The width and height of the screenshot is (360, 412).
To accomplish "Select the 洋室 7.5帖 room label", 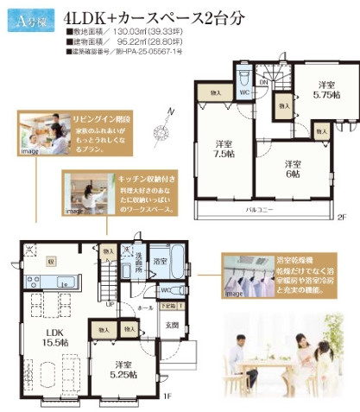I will click(224, 149).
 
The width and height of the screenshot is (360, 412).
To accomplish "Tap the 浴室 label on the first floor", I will click(159, 259).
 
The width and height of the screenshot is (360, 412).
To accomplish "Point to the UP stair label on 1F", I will click(111, 305).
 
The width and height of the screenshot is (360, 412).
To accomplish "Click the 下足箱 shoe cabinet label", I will click(167, 307).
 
